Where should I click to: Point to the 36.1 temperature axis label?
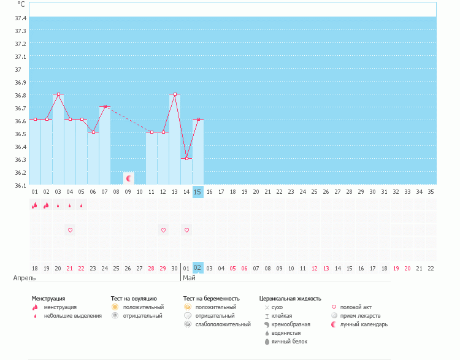21,185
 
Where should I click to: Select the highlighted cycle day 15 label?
197,192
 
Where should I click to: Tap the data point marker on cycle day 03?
58,94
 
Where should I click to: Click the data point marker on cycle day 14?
186,158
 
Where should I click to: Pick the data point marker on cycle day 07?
105,107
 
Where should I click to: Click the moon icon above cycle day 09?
129,178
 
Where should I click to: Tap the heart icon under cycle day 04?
70,230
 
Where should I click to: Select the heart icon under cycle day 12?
163,230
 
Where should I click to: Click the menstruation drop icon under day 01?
35,205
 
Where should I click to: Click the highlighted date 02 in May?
197,268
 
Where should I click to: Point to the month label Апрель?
25,278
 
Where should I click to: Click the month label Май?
188,278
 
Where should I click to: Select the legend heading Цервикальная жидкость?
290,299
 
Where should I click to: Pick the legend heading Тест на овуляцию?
134,299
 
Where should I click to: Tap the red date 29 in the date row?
163,268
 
